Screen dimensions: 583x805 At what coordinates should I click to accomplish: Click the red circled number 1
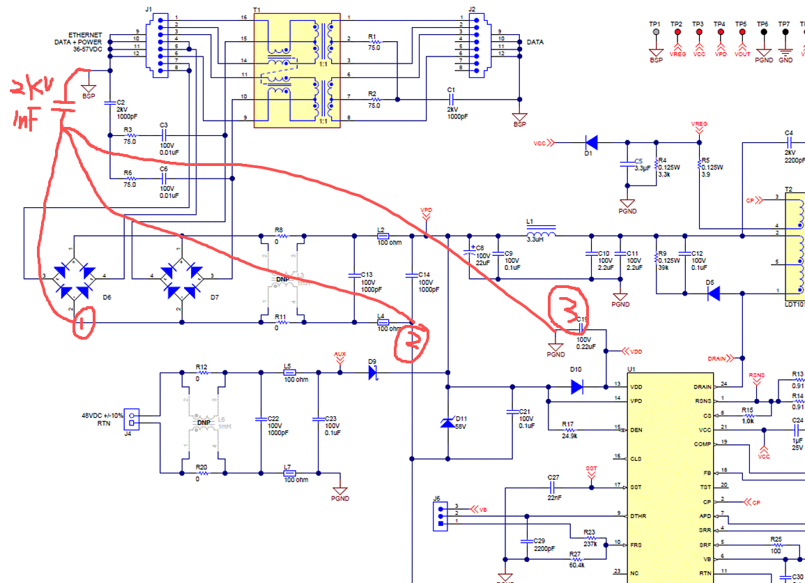(83, 324)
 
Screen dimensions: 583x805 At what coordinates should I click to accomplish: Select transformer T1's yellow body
(296, 70)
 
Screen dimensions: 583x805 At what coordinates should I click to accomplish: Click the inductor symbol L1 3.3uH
(540, 230)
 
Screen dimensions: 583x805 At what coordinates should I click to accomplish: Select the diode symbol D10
(577, 386)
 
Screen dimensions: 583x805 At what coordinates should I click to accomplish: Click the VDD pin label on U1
(635, 386)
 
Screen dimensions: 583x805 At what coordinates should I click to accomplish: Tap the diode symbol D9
(373, 372)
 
